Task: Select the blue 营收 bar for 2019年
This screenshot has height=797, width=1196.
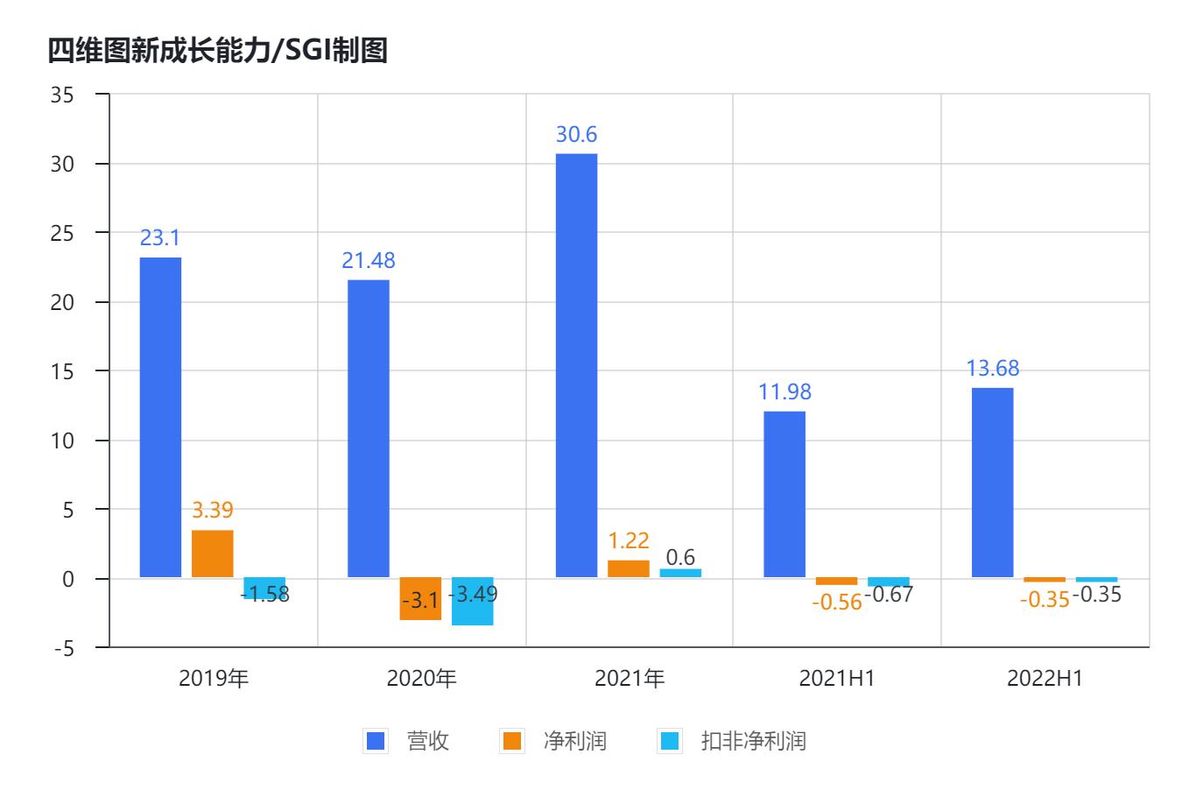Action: pyautogui.click(x=160, y=417)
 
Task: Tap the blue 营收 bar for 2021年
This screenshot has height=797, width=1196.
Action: pyautogui.click(x=576, y=365)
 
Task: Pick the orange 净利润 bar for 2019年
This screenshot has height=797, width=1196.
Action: pyautogui.click(x=213, y=554)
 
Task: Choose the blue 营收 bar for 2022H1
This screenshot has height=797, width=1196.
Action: pyautogui.click(x=993, y=483)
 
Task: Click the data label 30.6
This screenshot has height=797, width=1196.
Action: pyautogui.click(x=576, y=135)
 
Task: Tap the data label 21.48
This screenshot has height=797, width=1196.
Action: pyautogui.click(x=369, y=260)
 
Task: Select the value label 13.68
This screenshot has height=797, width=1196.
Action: pyautogui.click(x=993, y=368)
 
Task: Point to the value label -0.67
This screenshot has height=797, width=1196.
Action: pyautogui.click(x=889, y=595)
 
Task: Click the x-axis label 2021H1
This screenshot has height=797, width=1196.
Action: pyautogui.click(x=837, y=679)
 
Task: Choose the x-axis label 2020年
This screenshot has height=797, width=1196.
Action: pyautogui.click(x=421, y=679)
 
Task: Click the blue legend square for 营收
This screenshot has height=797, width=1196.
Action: pyautogui.click(x=375, y=741)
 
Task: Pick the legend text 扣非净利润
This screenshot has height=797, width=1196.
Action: pyautogui.click(x=753, y=741)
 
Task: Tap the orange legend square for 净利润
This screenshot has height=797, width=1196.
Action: pyautogui.click(x=511, y=741)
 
